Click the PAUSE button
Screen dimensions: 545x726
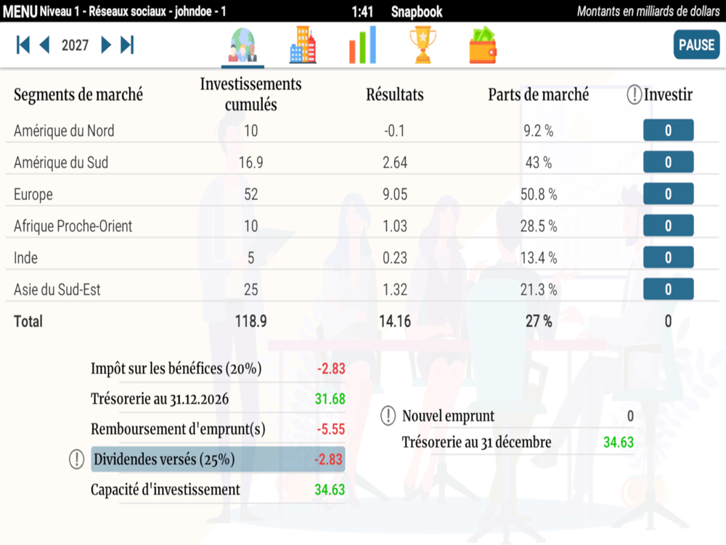click(x=696, y=44)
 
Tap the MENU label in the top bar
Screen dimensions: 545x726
click(x=20, y=12)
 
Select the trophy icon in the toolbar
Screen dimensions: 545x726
click(x=423, y=45)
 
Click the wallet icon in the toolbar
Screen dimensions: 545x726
click(x=483, y=45)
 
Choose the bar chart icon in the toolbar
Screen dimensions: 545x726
click(x=362, y=45)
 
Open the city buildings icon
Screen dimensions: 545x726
click(x=303, y=45)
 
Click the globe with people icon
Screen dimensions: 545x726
click(x=242, y=45)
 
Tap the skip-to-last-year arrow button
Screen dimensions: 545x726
click(x=128, y=45)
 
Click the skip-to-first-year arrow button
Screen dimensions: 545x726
click(x=23, y=45)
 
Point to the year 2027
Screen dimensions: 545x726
click(x=75, y=45)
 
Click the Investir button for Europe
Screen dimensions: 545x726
click(x=668, y=194)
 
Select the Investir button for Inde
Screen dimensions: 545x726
click(x=668, y=257)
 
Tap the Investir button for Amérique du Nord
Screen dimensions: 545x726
click(x=668, y=131)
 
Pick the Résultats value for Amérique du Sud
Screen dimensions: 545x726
click(x=395, y=163)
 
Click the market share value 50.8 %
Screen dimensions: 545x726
click(x=539, y=195)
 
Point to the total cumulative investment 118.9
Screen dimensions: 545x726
click(x=250, y=321)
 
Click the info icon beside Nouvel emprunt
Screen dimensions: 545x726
click(x=388, y=416)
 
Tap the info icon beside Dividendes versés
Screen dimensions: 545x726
click(x=76, y=459)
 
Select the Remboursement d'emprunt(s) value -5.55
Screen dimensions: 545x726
click(x=330, y=429)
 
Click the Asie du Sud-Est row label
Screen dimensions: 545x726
click(x=57, y=290)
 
